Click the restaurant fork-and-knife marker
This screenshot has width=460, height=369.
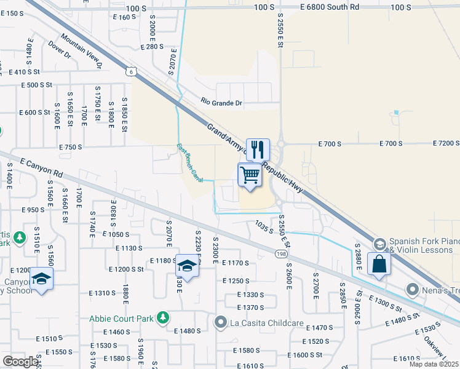pos(258,149)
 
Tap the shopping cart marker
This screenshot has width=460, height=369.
pos(250,175)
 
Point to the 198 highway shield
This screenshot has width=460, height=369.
pos(282,253)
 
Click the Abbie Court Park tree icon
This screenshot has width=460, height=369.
pos(163,317)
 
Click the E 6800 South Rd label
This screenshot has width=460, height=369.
pos(330,7)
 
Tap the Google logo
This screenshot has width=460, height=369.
pos(20,362)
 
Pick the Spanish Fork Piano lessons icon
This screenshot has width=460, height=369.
pos(379,244)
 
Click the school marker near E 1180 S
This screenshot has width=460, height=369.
pos(187,266)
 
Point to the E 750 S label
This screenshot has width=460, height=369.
pos(71,147)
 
